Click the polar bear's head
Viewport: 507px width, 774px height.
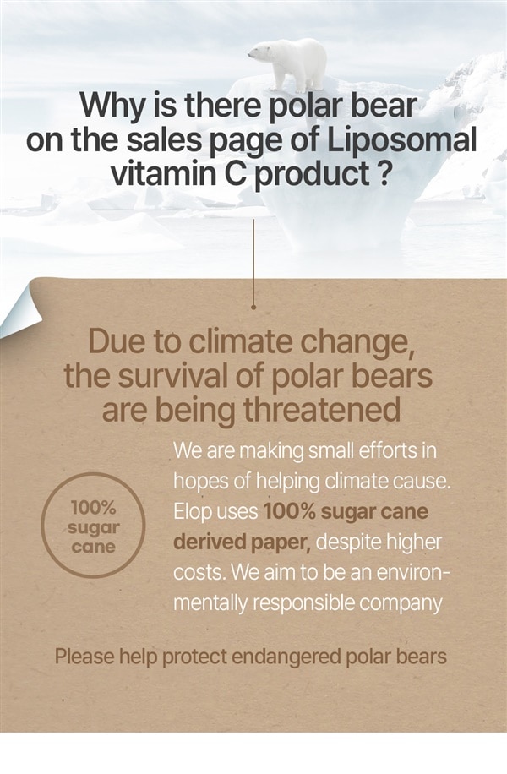257,52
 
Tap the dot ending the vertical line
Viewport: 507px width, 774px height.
253,307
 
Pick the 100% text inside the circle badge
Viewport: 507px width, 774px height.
93,507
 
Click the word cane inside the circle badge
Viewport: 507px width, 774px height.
93,547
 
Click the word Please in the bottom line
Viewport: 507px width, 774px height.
84,657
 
